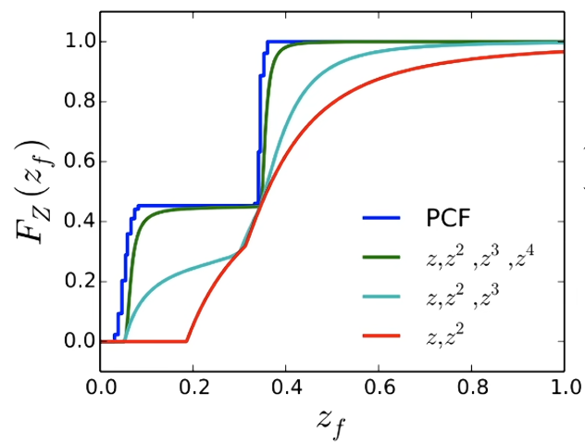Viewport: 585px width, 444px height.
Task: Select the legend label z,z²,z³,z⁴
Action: [x=484, y=260]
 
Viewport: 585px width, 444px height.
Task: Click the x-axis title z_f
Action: [x=331, y=422]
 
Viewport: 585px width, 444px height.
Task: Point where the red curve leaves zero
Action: [x=186, y=341]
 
